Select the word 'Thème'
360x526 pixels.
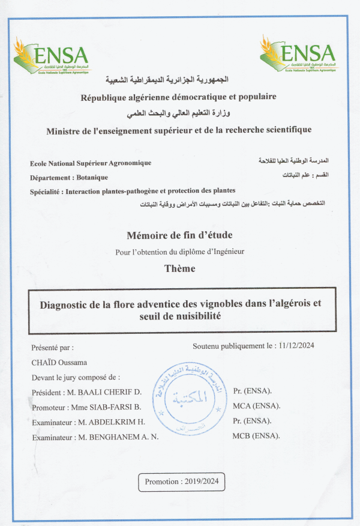click(x=179, y=268)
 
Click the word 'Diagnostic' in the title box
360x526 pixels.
click(x=64, y=304)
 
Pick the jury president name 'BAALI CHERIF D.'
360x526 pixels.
click(x=110, y=392)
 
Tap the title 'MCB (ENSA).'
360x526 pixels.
click(x=256, y=435)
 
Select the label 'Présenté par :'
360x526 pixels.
click(x=52, y=347)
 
